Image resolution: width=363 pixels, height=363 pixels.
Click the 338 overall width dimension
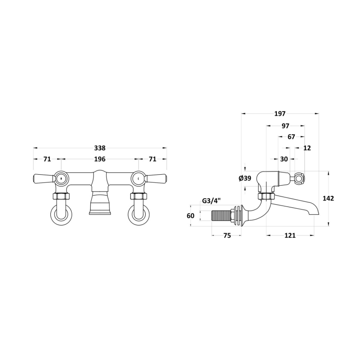(100, 148)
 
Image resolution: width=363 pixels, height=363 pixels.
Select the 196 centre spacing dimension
(100, 159)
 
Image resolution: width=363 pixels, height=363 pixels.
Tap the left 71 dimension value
(47, 159)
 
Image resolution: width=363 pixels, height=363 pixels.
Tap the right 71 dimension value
(152, 159)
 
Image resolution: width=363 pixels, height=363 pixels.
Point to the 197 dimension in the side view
(280, 114)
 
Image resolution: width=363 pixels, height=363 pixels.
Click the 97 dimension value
(285, 126)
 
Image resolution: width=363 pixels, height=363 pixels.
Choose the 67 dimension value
(291, 137)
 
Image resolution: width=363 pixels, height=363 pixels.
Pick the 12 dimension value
(307, 148)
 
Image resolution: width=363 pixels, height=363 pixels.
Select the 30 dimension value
(284, 159)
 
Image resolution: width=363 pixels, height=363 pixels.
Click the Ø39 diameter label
(245, 178)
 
